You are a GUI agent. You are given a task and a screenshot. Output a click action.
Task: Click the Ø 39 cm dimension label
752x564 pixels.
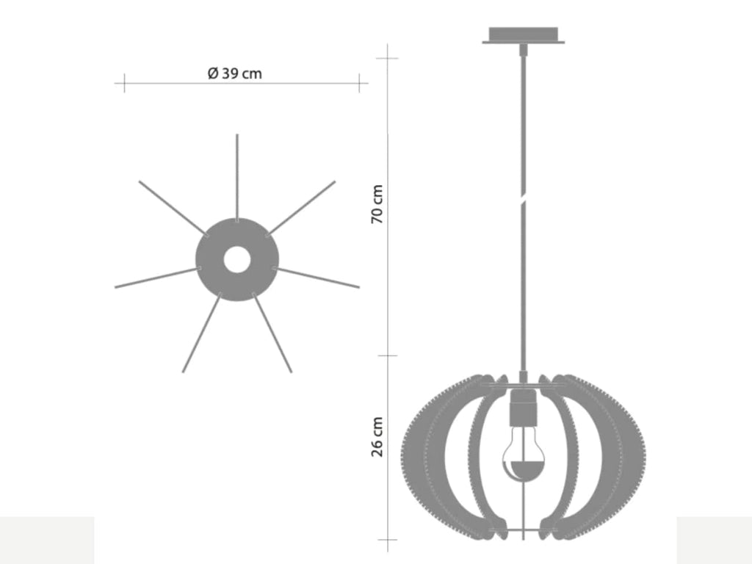(x=235, y=73)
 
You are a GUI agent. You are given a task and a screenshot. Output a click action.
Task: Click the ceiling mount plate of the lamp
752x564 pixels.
(x=523, y=35)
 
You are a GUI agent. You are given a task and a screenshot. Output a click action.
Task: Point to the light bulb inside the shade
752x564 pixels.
(x=522, y=459)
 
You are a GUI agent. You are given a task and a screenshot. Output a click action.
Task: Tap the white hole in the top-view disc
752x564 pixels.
(x=236, y=259)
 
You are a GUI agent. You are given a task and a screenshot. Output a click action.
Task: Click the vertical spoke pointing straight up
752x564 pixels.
(x=236, y=176)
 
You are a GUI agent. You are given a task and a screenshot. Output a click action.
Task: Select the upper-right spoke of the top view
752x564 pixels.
(x=302, y=207)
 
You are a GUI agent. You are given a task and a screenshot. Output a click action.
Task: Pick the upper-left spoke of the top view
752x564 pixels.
(x=173, y=209)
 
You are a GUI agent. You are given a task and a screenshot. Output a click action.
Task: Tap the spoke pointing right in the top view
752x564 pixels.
(x=317, y=277)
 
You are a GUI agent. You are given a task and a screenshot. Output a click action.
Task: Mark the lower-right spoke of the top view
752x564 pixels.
(x=272, y=334)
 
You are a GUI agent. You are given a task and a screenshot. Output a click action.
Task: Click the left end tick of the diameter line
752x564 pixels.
(x=124, y=82)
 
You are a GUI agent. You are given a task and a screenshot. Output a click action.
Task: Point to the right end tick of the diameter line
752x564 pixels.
(x=360, y=82)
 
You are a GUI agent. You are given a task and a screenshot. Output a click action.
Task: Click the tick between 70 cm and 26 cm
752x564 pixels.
(x=387, y=355)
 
